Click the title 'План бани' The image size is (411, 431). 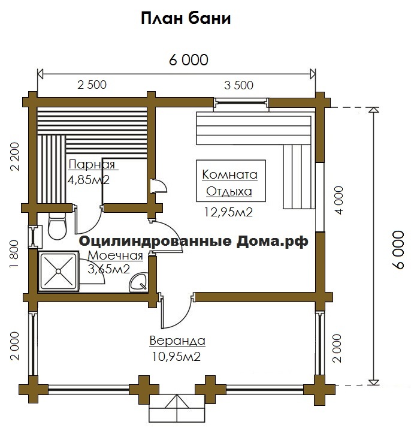pyautogui.click(x=186, y=19)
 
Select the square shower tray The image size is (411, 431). pyautogui.click(x=58, y=271)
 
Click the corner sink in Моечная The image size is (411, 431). pyautogui.click(x=139, y=282)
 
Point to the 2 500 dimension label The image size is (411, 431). pyautogui.click(x=92, y=85)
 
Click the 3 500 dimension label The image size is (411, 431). pyautogui.click(x=238, y=85)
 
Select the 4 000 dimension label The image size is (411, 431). pyautogui.click(x=339, y=200)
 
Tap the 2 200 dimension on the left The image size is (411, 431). pyautogui.click(x=15, y=156)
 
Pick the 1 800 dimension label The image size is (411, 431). pyautogui.click(x=14, y=254)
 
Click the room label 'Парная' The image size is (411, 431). pyautogui.click(x=92, y=165)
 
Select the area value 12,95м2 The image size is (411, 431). pyautogui.click(x=228, y=212)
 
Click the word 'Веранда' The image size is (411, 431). pyautogui.click(x=177, y=340)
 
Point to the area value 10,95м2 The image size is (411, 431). pyautogui.click(x=176, y=357)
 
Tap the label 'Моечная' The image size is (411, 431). pyautogui.click(x=116, y=255)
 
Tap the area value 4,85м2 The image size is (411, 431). pyautogui.click(x=89, y=180)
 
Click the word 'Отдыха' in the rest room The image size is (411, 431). pyautogui.click(x=229, y=191)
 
